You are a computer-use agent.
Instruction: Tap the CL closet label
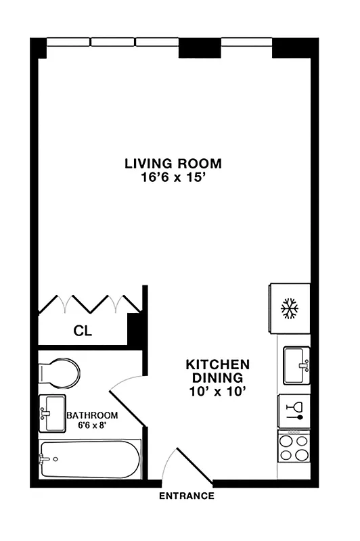tap(83, 331)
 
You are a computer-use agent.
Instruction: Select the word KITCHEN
tap(217, 364)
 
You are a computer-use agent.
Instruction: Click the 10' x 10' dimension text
tap(217, 391)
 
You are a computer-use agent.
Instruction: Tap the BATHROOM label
tap(92, 415)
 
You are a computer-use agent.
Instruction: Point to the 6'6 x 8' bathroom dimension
tap(92, 426)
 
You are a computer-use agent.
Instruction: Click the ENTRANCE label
tap(186, 496)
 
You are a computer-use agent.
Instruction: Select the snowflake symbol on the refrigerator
tap(290, 309)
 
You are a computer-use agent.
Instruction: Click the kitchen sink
tap(296, 364)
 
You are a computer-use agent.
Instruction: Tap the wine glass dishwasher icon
tap(294, 410)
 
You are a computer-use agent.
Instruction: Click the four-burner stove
tap(294, 446)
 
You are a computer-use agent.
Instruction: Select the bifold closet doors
tap(89, 304)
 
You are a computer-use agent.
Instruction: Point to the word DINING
tap(217, 377)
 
